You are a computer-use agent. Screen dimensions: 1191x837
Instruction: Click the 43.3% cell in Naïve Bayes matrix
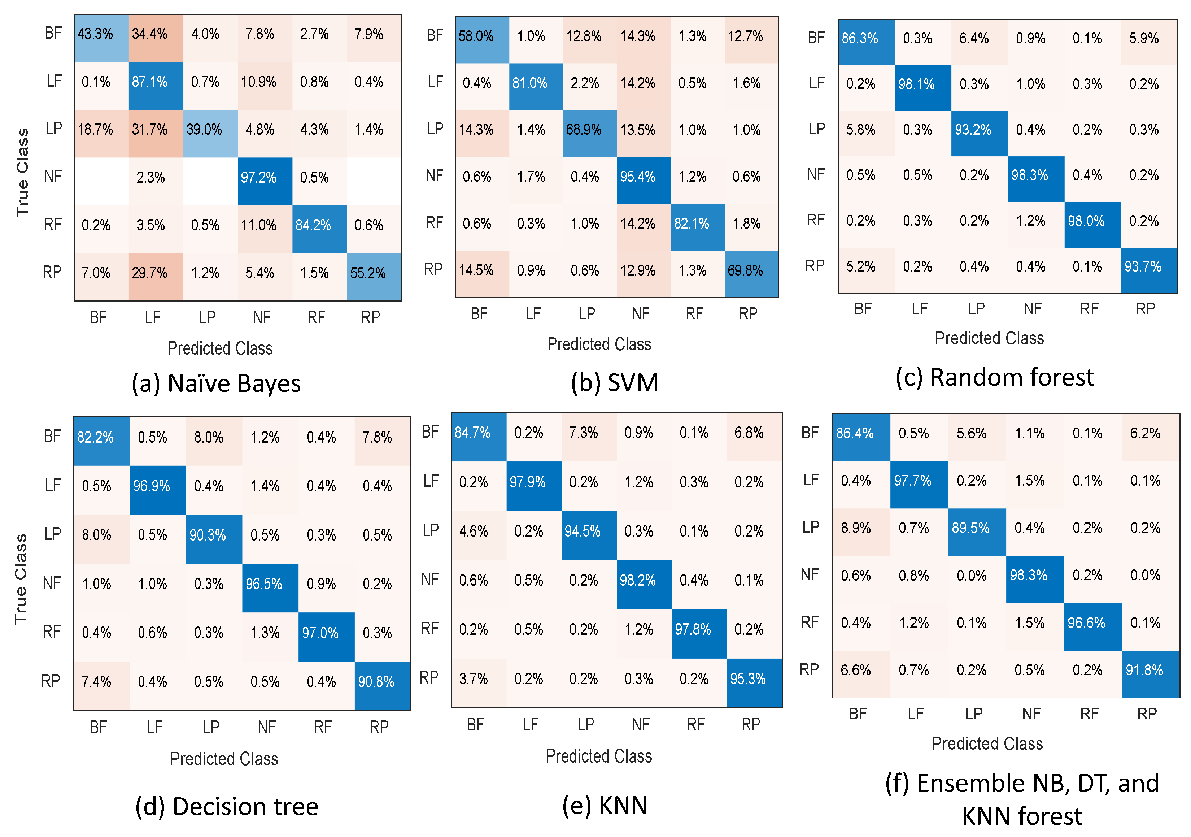click(102, 38)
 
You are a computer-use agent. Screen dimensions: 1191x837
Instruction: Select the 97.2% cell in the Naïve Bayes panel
click(265, 181)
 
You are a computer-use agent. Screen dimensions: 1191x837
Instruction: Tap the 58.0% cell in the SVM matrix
click(483, 40)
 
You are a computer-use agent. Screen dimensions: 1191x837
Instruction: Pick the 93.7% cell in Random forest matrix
click(1149, 270)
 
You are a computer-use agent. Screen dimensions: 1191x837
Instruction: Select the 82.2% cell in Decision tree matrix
click(102, 441)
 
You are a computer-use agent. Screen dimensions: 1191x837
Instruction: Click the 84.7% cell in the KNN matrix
click(479, 437)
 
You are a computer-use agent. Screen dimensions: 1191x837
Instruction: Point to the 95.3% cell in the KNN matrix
click(755, 683)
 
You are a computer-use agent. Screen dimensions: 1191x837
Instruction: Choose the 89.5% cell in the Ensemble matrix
click(977, 532)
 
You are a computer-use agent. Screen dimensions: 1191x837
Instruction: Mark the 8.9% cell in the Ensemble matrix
click(861, 532)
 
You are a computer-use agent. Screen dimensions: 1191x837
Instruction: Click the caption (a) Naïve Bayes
click(216, 384)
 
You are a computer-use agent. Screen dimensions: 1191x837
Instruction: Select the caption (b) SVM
click(615, 383)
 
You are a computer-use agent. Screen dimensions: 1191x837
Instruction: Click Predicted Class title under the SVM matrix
click(599, 344)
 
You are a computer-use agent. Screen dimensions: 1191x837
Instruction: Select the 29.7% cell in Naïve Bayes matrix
click(156, 277)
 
